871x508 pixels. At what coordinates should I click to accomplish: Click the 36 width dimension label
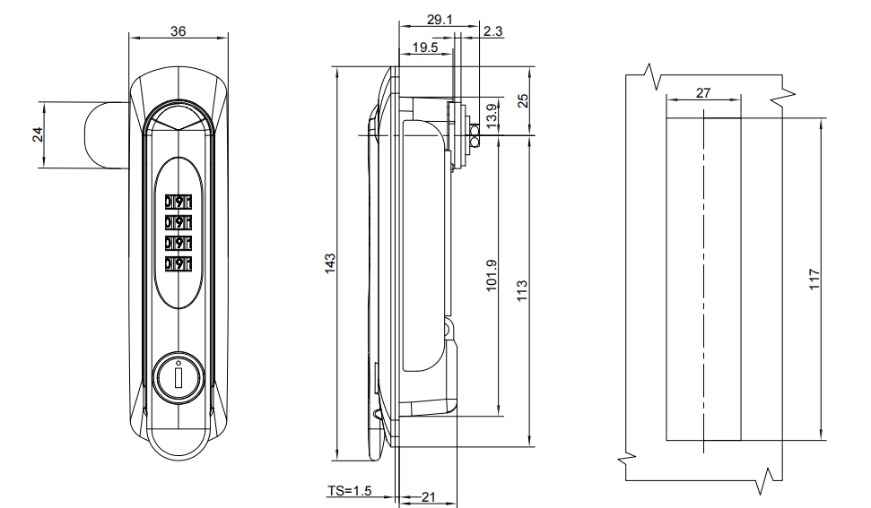point(178,30)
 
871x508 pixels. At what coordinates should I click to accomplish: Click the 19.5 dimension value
point(424,48)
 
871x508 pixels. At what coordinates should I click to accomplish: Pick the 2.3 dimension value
point(493,31)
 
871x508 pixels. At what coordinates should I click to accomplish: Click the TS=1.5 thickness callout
point(349,491)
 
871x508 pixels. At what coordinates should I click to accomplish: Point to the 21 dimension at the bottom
point(428,496)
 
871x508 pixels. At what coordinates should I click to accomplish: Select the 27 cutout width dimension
point(703,93)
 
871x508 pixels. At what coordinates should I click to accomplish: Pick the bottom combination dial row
point(179,263)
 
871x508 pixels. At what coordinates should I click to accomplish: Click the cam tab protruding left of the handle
point(108,135)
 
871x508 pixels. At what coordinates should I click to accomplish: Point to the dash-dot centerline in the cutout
point(704,269)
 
